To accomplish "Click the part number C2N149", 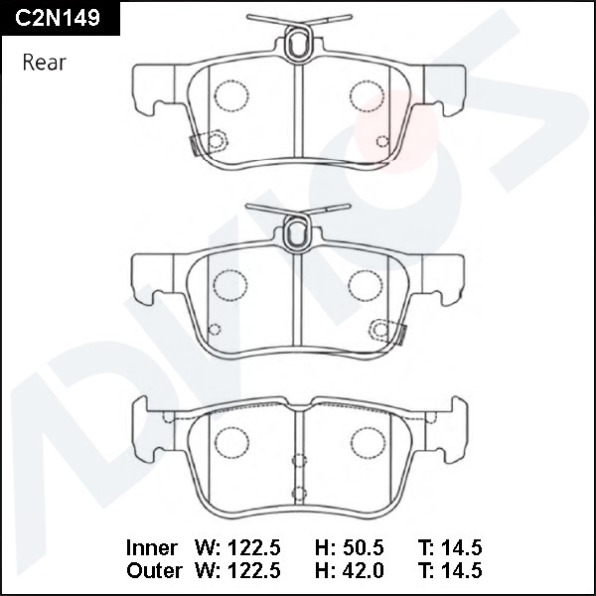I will (58, 17).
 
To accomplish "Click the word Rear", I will (44, 63).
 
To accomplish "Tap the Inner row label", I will (152, 547).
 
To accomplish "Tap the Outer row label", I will (154, 570).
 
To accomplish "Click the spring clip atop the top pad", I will (297, 40).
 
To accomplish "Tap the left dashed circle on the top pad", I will (230, 93).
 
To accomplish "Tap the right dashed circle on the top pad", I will (366, 93).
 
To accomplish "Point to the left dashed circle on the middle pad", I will (230, 284).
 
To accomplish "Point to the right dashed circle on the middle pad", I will (366, 284).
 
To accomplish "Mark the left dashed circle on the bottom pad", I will (232, 440).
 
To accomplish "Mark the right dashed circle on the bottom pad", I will (368, 440).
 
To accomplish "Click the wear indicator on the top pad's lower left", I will (211, 140).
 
